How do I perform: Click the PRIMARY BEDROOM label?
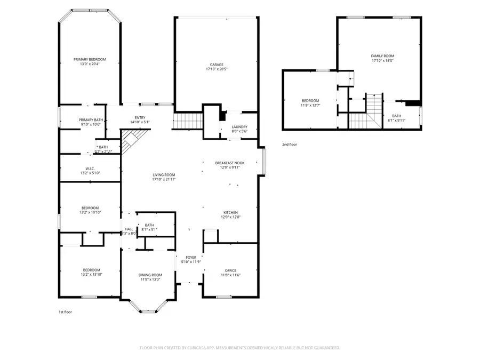(x=90, y=59)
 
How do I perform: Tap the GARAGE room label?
(x=216, y=65)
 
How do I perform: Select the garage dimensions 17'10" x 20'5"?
(x=216, y=69)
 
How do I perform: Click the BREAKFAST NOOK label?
(x=227, y=163)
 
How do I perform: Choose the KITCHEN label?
(x=230, y=212)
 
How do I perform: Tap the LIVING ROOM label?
(x=164, y=174)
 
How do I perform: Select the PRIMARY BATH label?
(x=91, y=120)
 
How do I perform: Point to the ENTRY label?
(x=140, y=118)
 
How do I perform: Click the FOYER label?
(x=190, y=257)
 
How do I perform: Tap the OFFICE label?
(x=230, y=270)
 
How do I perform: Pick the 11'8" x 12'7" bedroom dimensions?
(x=310, y=106)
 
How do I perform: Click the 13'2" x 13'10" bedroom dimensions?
(x=91, y=275)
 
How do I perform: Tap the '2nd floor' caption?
(x=290, y=145)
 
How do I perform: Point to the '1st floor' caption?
(x=65, y=312)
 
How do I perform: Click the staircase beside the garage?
(x=188, y=121)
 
